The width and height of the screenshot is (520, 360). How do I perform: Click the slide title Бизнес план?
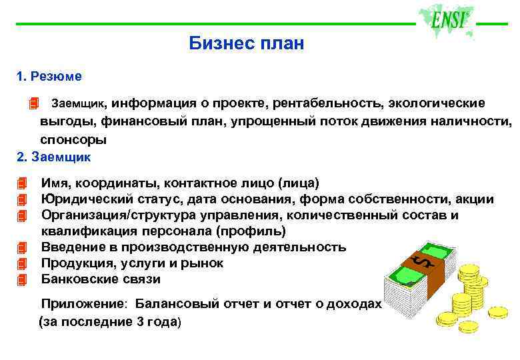tap(246, 44)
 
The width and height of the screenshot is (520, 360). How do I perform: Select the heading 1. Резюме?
tap(49, 77)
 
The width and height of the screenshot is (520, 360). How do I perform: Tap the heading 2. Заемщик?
tap(53, 157)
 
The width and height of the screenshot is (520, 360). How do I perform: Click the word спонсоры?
tap(73, 140)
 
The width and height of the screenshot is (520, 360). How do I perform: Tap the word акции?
tap(475, 199)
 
